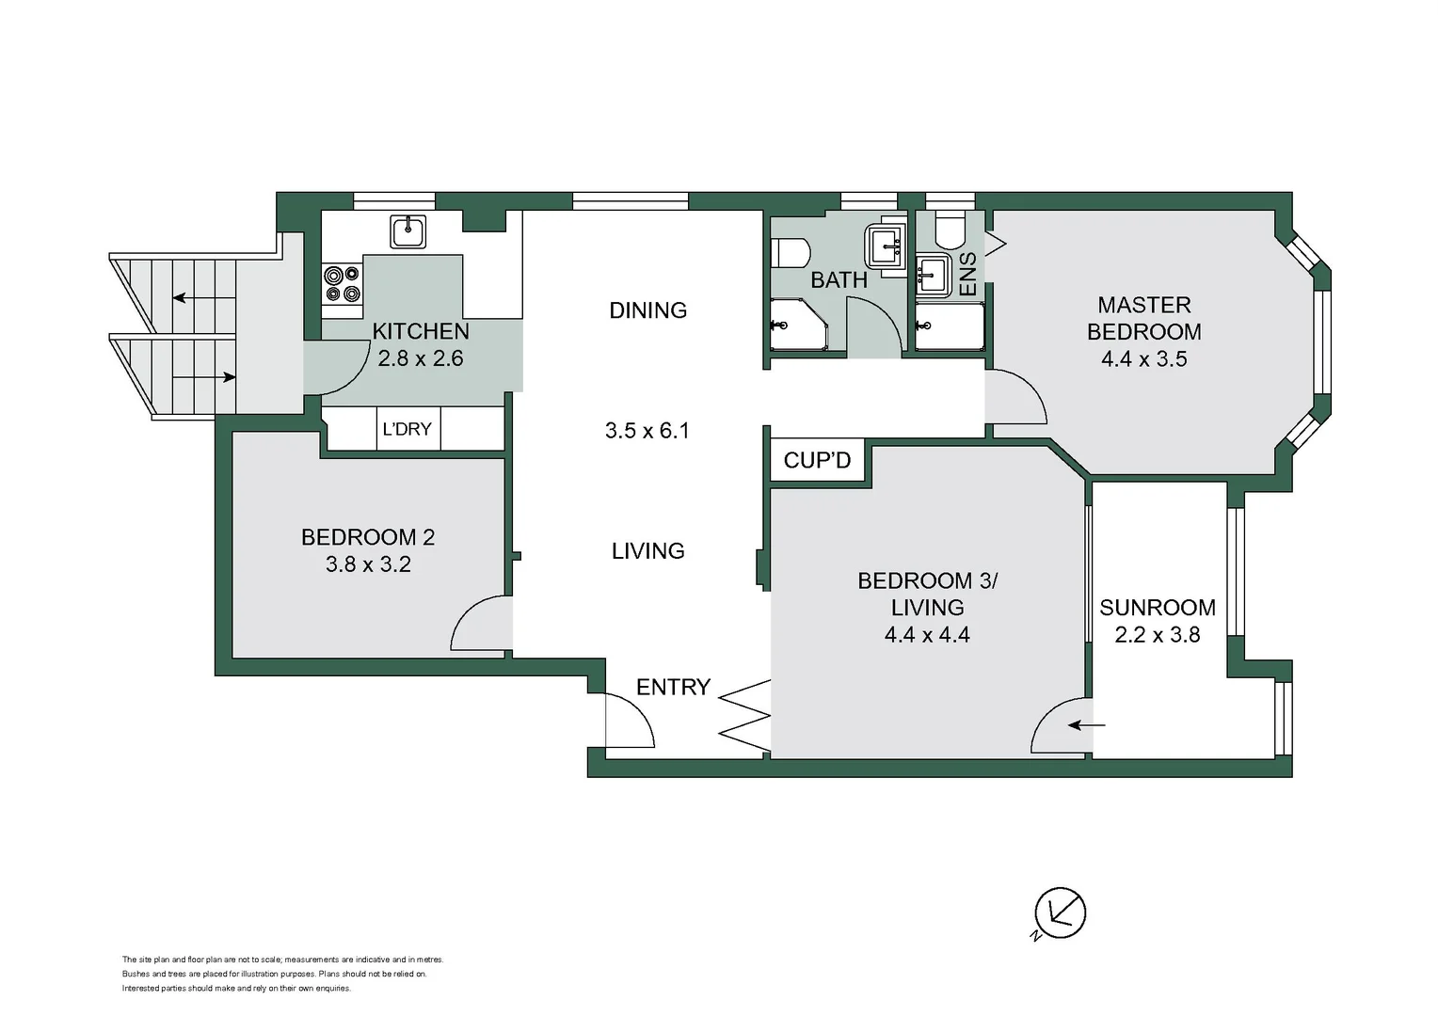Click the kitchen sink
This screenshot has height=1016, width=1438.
tap(407, 231)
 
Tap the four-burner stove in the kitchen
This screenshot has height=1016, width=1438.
tap(343, 284)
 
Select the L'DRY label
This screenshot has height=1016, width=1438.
tap(407, 429)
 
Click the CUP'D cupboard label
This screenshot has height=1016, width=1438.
tap(817, 460)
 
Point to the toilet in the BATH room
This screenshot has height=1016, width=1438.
tap(791, 253)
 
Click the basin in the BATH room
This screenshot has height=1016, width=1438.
tap(886, 246)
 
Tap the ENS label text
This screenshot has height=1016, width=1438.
tap(967, 274)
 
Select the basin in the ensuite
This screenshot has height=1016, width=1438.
tap(933, 276)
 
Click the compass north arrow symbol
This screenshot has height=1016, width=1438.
tap(1060, 913)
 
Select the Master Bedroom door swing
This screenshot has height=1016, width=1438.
tap(1016, 397)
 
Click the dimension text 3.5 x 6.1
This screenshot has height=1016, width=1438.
tap(647, 431)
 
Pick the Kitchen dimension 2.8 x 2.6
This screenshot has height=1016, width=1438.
tap(420, 358)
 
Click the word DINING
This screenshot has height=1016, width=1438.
tap(647, 310)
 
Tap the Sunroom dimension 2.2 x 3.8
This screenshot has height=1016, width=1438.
tap(1157, 635)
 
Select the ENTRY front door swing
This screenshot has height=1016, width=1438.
tap(629, 722)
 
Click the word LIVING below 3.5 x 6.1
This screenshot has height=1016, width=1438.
tap(647, 551)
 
